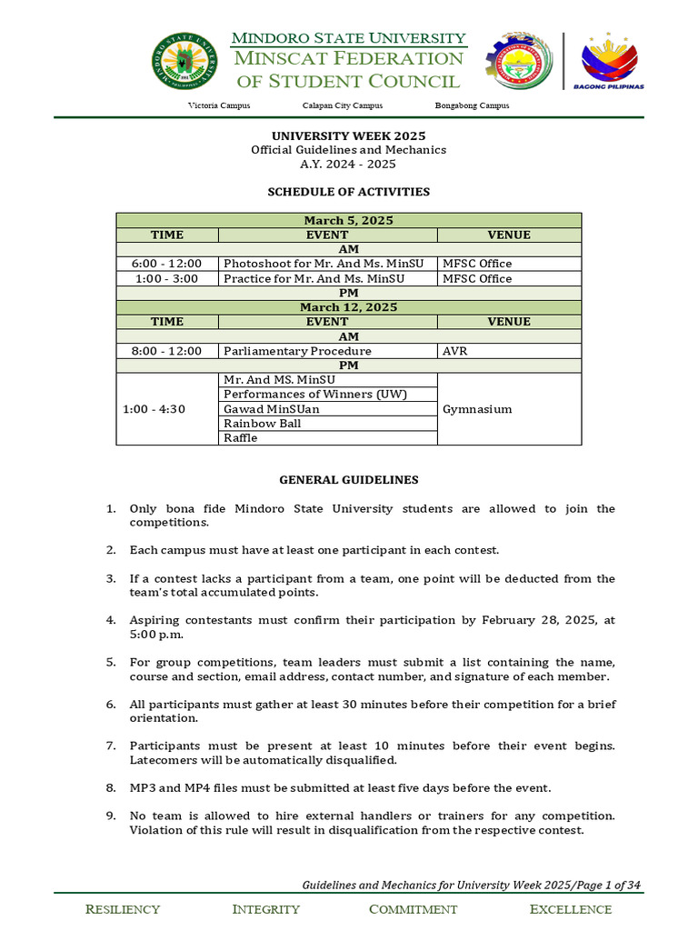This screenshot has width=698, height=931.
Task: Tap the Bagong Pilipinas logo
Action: click(x=608, y=62)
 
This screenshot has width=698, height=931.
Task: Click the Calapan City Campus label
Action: click(x=342, y=105)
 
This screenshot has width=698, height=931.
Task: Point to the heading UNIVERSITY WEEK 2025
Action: click(x=348, y=135)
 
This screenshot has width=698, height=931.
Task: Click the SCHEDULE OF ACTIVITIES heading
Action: click(x=348, y=192)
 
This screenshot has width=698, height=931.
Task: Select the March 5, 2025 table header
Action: click(x=348, y=221)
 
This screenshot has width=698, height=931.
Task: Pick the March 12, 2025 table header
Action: click(x=348, y=307)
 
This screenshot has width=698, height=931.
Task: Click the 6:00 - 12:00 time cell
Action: click(x=167, y=264)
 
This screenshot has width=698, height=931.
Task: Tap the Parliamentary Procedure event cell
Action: click(x=297, y=351)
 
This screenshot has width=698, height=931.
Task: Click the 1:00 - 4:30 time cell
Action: click(x=167, y=409)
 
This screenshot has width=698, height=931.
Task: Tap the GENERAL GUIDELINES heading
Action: click(x=348, y=480)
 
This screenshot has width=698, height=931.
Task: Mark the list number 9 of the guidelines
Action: click(x=111, y=816)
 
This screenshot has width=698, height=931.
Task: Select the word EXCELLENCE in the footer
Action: click(x=570, y=909)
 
